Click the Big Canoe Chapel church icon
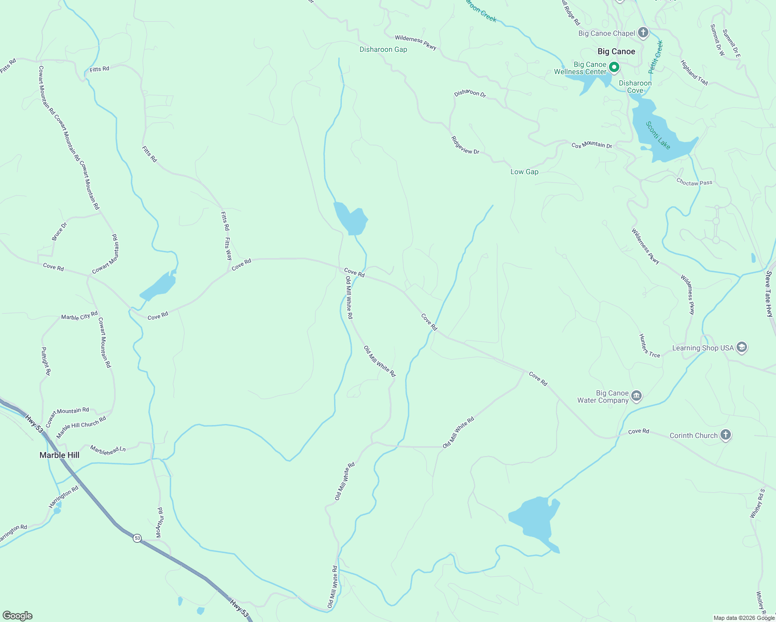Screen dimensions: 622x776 pyautogui.click(x=643, y=33)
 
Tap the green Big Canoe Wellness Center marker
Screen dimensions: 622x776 pyautogui.click(x=614, y=67)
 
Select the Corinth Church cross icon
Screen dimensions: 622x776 pyautogui.click(x=726, y=435)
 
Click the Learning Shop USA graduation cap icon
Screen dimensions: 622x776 pyautogui.click(x=742, y=347)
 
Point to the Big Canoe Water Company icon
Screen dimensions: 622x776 pyautogui.click(x=636, y=397)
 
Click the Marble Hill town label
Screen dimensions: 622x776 pyautogui.click(x=60, y=455)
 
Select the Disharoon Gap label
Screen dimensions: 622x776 pyautogui.click(x=383, y=50)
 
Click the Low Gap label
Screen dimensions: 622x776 pyautogui.click(x=524, y=172)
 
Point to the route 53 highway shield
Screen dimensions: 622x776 pyautogui.click(x=137, y=538)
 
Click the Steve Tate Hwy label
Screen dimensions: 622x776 pyautogui.click(x=769, y=293)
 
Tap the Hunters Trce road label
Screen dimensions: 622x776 pyautogui.click(x=649, y=346)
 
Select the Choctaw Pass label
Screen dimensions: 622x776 pyautogui.click(x=694, y=182)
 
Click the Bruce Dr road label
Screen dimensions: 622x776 pyautogui.click(x=59, y=232)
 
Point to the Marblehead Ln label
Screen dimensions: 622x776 pyautogui.click(x=108, y=449)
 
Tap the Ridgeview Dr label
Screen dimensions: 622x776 pyautogui.click(x=465, y=146)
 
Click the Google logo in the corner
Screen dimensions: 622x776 pyautogui.click(x=18, y=616)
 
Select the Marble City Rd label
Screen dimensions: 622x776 pyautogui.click(x=79, y=316)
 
